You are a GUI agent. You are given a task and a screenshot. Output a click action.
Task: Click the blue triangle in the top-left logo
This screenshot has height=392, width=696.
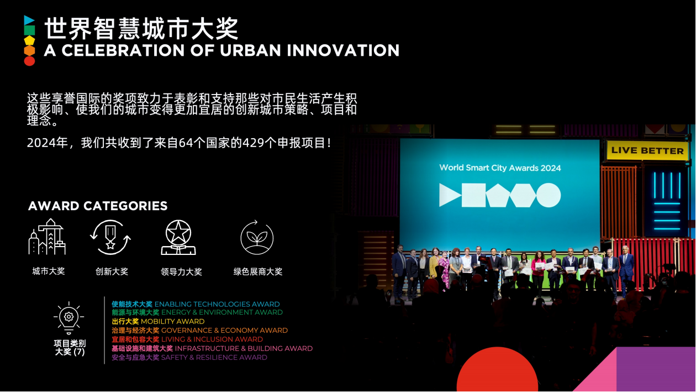point(29,20)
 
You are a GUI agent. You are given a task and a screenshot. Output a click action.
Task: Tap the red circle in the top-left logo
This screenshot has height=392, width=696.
point(29,61)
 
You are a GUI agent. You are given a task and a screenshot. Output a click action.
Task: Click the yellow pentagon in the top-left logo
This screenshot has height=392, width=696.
point(29,40)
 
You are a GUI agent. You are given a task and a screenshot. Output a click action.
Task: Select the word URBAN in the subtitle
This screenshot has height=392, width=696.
point(250,50)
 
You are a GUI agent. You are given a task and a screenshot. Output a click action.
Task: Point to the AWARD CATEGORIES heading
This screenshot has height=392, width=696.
point(98,206)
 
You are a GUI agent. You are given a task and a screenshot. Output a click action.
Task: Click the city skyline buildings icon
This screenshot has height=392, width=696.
point(47,237)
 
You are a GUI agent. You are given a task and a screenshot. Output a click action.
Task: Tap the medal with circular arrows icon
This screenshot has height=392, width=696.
point(110,237)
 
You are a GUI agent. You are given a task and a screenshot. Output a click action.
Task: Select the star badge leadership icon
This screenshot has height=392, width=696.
point(178,237)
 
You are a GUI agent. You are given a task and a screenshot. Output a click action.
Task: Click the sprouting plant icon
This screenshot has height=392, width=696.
point(257,238)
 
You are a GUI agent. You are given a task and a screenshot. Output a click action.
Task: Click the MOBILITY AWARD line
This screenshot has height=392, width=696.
point(158,321)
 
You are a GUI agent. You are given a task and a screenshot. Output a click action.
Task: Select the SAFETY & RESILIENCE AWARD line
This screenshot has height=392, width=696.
point(189,358)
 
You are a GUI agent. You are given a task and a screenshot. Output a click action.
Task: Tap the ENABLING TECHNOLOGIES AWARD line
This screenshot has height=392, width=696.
point(196,304)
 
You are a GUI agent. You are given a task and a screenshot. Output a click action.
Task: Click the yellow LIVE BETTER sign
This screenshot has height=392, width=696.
point(647,150)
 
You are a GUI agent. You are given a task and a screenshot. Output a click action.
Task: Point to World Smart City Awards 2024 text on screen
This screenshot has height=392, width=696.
point(500,168)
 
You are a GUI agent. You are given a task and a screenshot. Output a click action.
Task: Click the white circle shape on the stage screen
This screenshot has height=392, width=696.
point(549,195)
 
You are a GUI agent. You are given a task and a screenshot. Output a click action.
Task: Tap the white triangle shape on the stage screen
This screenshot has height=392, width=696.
point(449,195)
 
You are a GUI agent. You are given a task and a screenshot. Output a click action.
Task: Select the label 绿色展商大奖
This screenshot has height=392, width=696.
point(258,271)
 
